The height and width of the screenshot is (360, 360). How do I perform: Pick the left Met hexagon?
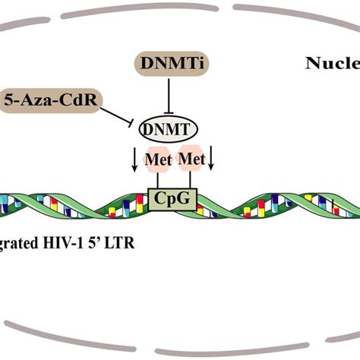[x=158, y=161]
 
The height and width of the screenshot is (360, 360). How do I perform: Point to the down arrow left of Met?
[x=134, y=160]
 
